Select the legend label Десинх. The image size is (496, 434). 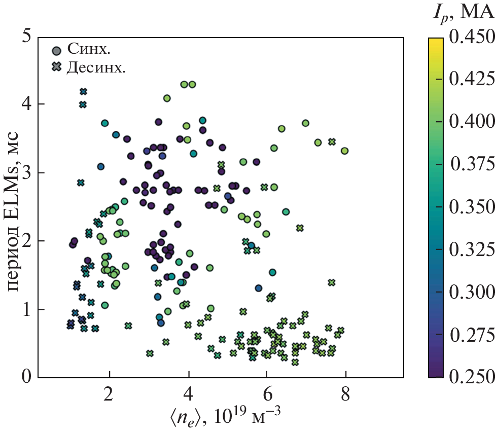tap(96, 67)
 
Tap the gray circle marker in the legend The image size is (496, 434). tap(57, 50)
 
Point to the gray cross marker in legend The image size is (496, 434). tap(57, 67)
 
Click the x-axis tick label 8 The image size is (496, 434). tap(346, 393)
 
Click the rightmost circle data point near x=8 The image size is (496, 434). tap(345, 151)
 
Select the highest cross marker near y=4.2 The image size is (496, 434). tap(84, 91)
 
